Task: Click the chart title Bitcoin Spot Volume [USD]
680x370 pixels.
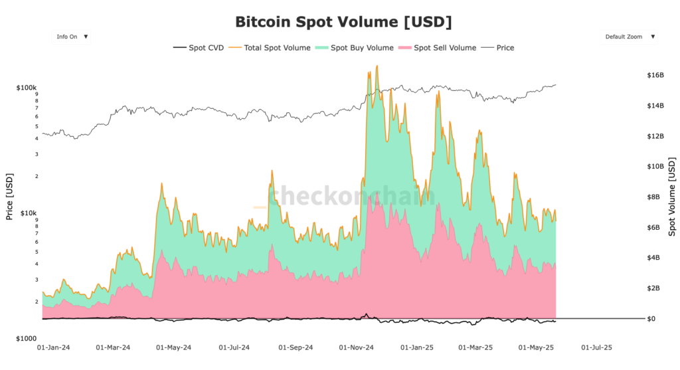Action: tap(343, 21)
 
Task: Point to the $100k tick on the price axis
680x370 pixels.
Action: tap(27, 88)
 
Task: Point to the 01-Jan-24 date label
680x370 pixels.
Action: tap(54, 347)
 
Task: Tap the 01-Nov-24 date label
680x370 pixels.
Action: tap(357, 347)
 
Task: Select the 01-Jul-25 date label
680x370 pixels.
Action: tap(597, 347)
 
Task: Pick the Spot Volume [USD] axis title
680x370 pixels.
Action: tap(672, 197)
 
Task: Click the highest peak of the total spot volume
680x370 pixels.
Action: tap(377, 66)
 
